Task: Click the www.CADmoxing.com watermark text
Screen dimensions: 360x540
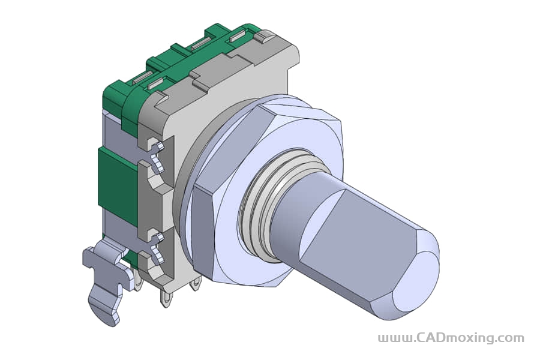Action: pyautogui.click(x=451, y=338)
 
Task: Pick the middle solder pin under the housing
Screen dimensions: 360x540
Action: pyautogui.click(x=165, y=298)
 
